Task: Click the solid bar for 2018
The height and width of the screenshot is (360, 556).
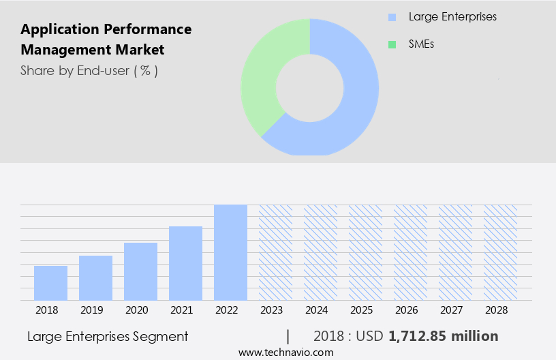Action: point(50,283)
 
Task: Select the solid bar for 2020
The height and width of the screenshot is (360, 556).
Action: point(140,271)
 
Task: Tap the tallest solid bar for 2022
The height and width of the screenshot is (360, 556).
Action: point(230,252)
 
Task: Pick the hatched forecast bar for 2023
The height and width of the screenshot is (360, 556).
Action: point(275,252)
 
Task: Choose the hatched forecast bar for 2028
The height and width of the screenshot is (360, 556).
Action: point(500,252)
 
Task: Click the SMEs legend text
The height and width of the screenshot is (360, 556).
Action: point(421,44)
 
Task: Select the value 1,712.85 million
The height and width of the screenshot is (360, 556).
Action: point(443,336)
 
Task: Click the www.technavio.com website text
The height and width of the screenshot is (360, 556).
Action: point(285,352)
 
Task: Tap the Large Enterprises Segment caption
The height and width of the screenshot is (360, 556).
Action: point(108,336)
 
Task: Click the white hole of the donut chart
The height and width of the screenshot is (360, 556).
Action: point(309,87)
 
